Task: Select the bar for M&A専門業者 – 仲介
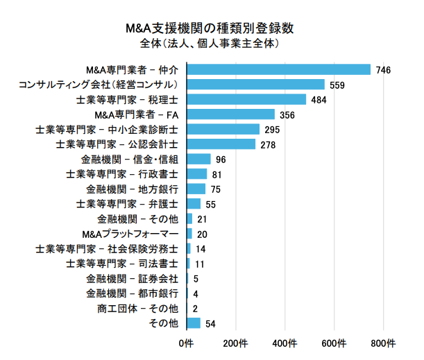click(x=279, y=69)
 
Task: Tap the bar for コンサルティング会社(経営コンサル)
click(x=256, y=85)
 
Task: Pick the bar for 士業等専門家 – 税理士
click(x=246, y=99)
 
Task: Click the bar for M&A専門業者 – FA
click(x=231, y=114)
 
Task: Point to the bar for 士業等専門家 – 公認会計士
click(x=221, y=144)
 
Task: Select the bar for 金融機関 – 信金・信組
click(x=199, y=159)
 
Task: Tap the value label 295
click(x=272, y=130)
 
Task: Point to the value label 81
click(x=217, y=174)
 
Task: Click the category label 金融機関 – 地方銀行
click(x=133, y=189)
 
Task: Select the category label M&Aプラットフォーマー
click(x=130, y=234)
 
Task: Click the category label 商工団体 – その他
click(x=138, y=309)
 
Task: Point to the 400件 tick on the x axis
click(x=285, y=344)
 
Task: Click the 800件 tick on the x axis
click(x=383, y=344)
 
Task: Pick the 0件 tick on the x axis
click(x=185, y=344)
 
